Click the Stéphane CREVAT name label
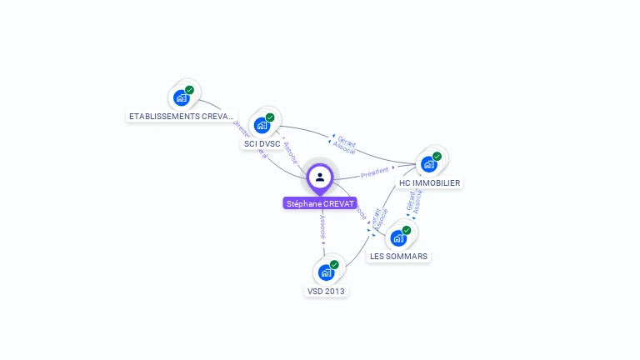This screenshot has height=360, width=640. tap(320, 203)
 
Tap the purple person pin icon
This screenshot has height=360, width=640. tap(320, 177)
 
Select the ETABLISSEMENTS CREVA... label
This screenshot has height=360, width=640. tap(182, 117)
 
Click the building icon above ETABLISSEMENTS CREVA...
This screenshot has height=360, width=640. tap(181, 98)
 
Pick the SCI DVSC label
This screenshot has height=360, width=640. tap(262, 144)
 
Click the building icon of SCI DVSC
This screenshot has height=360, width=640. tap(262, 126)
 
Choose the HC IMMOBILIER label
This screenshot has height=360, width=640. tap(430, 182)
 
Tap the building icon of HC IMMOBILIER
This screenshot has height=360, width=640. tap(429, 164)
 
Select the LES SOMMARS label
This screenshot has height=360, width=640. tap(399, 257)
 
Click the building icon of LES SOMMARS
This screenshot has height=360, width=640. tap(398, 238)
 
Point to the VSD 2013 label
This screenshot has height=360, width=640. tap(326, 292)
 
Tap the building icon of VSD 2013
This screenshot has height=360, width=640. tap(326, 272)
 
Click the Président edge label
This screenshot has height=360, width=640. tap(375, 172)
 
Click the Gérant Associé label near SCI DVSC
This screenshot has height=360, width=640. tap(345, 145)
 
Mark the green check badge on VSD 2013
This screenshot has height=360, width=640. tap(334, 264)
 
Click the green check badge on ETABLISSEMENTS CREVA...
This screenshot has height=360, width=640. tap(189, 90)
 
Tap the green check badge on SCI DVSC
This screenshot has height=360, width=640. tap(270, 117)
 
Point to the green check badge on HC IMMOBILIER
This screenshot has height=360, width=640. tap(437, 156)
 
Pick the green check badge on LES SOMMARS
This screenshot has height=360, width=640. tap(407, 230)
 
